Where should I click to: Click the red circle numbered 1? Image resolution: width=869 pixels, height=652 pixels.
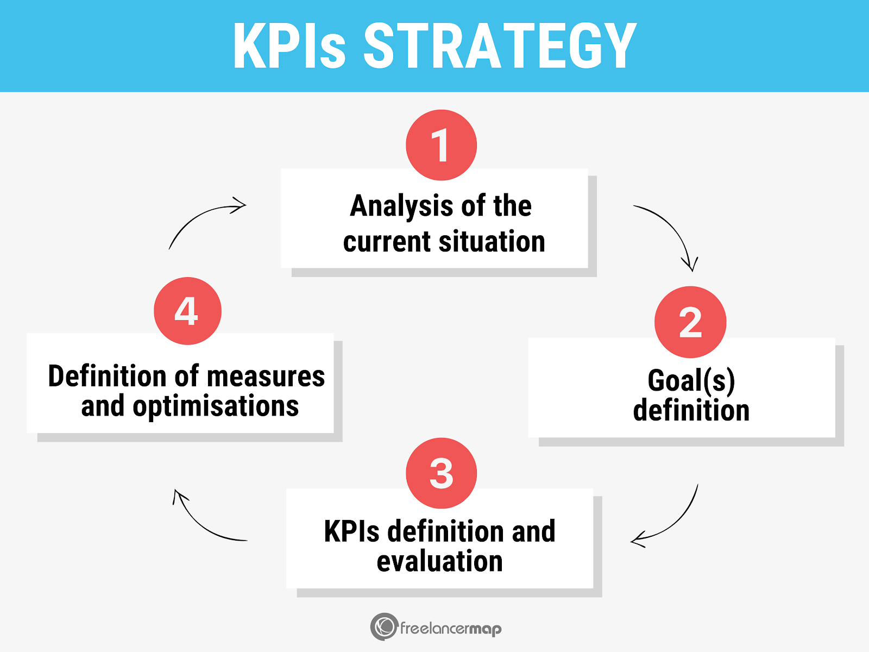coord(441,145)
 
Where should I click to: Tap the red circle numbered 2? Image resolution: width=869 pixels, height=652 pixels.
coord(690,322)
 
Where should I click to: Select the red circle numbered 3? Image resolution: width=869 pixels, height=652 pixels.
coord(441,473)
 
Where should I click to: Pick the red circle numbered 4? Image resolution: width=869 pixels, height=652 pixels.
coord(187,311)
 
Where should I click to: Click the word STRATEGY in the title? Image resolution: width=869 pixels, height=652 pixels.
coord(500,47)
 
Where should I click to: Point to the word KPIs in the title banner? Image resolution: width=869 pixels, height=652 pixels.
coord(289,47)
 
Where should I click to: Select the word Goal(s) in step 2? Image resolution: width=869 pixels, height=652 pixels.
coord(691,380)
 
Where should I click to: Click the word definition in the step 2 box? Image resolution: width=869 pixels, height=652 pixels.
coord(691,411)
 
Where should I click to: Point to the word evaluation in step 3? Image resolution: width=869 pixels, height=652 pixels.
coord(439,561)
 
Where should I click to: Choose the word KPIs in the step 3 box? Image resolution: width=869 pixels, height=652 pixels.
coord(351,531)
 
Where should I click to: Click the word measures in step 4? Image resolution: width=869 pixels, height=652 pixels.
coord(266,376)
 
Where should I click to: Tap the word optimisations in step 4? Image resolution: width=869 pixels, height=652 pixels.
coord(216,406)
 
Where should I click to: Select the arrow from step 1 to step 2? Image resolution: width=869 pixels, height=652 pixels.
coord(671,231)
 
